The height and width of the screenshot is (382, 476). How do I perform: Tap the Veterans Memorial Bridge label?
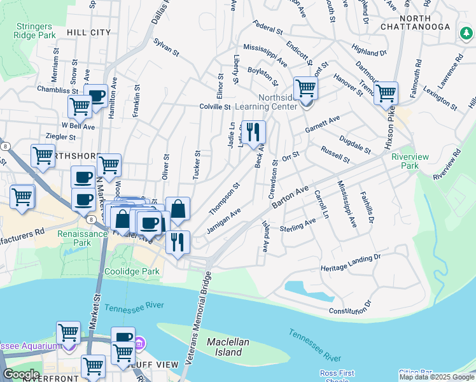point(197,318)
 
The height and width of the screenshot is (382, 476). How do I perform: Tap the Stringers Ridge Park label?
point(33,31)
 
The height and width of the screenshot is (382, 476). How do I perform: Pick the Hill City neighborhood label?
point(89,32)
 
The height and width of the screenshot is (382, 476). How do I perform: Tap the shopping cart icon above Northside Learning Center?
point(305,88)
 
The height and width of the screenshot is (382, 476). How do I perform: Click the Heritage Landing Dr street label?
point(350,262)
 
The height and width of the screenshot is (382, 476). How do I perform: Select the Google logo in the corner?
point(21,374)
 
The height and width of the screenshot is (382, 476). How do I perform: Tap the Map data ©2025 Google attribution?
point(437,377)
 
